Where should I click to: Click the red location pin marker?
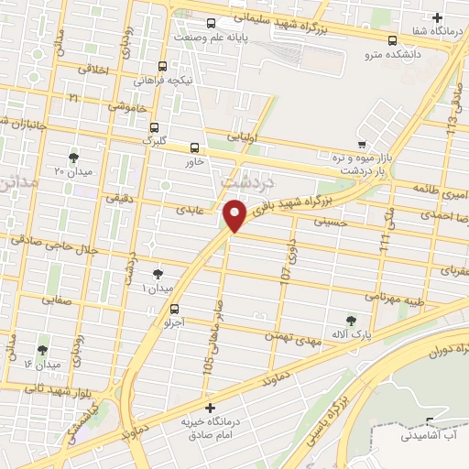235,216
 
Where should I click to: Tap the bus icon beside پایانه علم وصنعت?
212,24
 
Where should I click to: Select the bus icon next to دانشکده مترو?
393,40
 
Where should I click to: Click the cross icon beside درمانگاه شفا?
438,18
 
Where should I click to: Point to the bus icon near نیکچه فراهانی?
162,66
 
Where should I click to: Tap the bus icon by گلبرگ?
154,127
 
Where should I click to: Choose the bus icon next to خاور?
193,147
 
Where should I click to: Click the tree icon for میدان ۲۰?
73,157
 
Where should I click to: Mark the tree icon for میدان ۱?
158,273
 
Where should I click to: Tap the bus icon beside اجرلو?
174,309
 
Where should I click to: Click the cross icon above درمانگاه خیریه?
211,408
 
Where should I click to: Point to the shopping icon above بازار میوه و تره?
363,144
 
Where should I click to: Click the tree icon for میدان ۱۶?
42,350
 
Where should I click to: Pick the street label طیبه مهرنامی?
398,296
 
